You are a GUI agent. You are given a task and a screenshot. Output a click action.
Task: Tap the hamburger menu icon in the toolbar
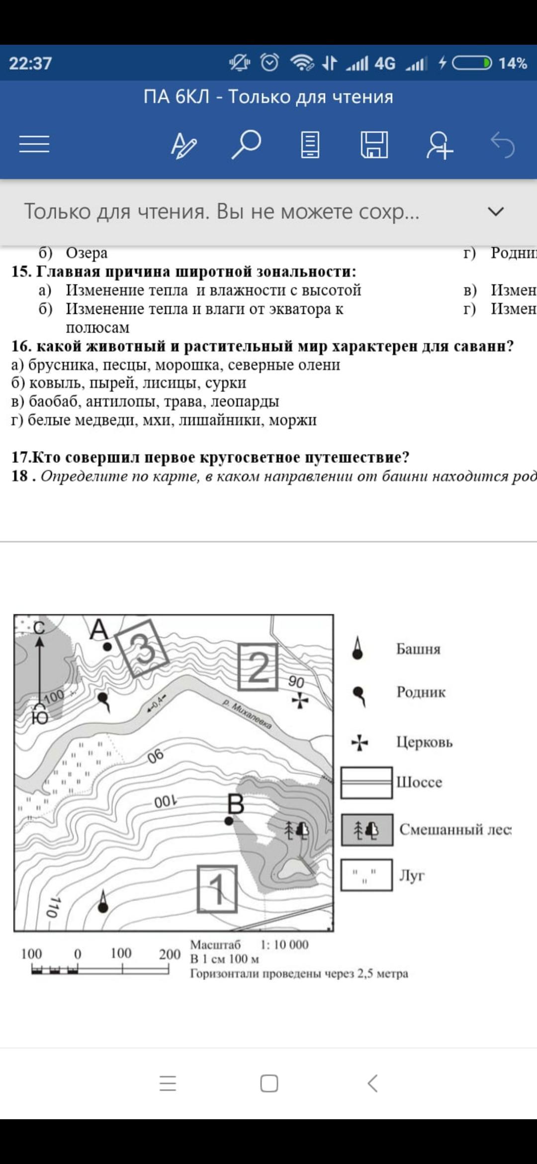[x=34, y=144]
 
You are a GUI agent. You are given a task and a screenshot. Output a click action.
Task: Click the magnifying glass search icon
[x=246, y=144]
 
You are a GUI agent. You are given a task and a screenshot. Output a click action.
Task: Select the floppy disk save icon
[x=374, y=145]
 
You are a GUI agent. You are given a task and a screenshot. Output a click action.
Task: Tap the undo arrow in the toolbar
[x=502, y=145]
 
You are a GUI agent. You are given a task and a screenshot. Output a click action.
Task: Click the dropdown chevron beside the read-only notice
[x=496, y=212]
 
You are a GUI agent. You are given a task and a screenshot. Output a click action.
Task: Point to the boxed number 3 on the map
[x=143, y=648]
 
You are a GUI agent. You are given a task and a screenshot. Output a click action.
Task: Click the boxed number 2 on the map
[x=258, y=667]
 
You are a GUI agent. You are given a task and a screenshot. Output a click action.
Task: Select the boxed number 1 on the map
[x=217, y=889]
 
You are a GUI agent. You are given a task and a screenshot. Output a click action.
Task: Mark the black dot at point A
[x=107, y=647]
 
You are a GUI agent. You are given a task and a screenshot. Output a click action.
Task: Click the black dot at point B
[x=229, y=821]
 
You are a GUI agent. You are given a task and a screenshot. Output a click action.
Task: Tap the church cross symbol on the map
[x=299, y=701]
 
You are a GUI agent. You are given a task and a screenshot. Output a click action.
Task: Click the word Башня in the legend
[x=418, y=649]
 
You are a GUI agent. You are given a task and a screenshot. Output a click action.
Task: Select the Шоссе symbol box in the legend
[x=366, y=782]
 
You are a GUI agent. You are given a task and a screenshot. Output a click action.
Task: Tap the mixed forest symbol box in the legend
[x=367, y=830]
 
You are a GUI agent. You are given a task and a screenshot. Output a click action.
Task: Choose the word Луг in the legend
[x=412, y=875]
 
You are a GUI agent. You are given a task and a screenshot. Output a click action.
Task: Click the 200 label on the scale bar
[x=170, y=954]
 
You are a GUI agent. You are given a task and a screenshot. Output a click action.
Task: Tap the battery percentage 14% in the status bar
[x=513, y=63]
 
